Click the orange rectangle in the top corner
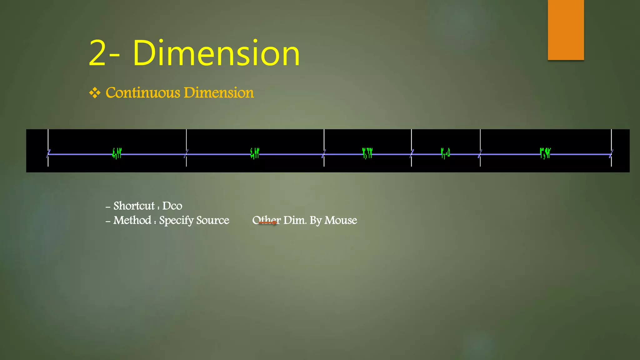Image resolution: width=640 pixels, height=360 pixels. coord(566,30)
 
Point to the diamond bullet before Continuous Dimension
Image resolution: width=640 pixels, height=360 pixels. coord(95,93)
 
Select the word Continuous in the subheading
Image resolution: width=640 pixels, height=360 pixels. coord(143,93)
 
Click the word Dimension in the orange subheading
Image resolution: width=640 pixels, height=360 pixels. coord(219,93)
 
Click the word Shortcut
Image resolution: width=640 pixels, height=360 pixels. coord(134,206)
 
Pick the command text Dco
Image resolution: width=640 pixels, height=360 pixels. coord(172,206)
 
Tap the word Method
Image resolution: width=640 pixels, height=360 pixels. coord(132,220)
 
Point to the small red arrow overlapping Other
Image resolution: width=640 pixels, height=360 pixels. coord(268,222)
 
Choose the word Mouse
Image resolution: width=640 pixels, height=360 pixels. coord(341,220)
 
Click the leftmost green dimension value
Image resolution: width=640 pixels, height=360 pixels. coord(117,153)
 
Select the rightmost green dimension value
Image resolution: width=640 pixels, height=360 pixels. coord(545,153)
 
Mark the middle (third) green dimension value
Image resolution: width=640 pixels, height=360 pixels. coord(367,153)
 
